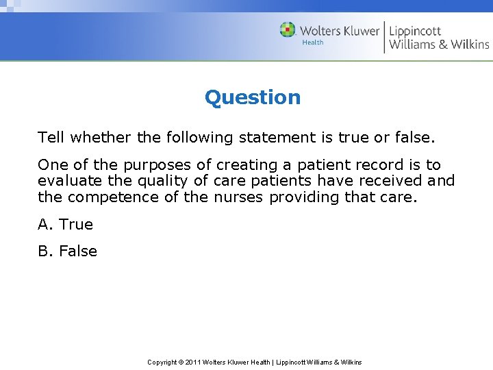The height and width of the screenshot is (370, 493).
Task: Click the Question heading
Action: coord(253,97)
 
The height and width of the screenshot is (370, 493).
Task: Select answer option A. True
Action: coord(66,224)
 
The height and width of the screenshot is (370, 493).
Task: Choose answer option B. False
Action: coord(68,251)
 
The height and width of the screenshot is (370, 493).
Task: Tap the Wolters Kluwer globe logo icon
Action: coord(288,30)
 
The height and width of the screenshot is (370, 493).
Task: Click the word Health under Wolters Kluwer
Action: coord(313,42)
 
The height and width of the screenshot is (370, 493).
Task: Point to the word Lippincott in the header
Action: coord(416,30)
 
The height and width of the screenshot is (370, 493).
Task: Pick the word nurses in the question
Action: coord(238,197)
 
